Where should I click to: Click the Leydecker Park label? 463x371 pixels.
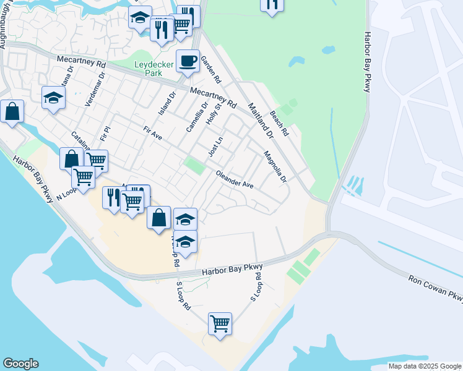point(149,68)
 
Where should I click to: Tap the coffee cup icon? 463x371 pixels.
point(188,61)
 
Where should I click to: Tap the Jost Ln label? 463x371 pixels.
point(215,148)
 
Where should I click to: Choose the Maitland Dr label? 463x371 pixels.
point(261,119)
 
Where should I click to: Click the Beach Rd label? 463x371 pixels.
point(280,124)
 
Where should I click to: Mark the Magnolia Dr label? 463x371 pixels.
point(275,167)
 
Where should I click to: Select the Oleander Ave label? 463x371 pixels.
point(235,180)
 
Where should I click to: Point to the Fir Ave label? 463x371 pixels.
point(152,138)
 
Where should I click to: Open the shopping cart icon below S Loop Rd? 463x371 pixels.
point(220,323)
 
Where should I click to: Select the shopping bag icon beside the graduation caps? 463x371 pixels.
point(159,217)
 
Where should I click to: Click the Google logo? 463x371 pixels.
point(20,364)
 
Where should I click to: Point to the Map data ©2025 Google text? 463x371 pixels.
point(425,366)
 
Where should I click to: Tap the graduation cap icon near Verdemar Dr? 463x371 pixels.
point(54,97)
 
